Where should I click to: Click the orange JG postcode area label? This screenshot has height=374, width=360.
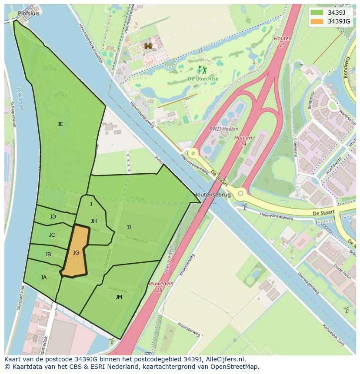[x=76, y=252]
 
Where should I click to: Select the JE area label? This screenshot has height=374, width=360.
[x=60, y=124]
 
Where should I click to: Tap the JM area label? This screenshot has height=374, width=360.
[x=119, y=297]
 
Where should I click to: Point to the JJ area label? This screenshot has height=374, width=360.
[x=129, y=227]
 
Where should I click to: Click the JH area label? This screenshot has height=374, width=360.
[x=94, y=221]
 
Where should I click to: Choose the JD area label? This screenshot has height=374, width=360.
[x=53, y=216]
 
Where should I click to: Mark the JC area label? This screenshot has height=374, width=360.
[x=52, y=235]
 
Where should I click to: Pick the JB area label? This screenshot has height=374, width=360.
[x=48, y=255]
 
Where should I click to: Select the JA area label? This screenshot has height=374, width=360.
[x=43, y=277]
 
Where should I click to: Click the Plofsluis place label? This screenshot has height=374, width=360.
[x=29, y=13]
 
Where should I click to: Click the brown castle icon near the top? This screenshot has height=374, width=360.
[x=149, y=46]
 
